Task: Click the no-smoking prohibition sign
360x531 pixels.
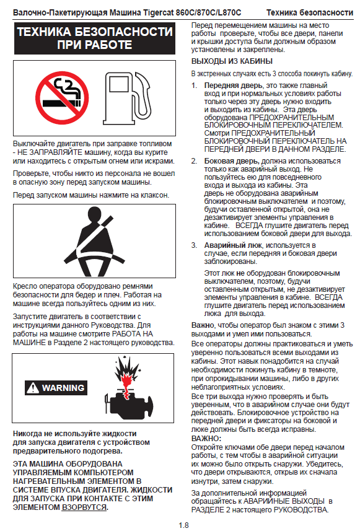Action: pyautogui.click(x=62, y=97)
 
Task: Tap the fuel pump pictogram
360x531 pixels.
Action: pyautogui.click(x=127, y=99)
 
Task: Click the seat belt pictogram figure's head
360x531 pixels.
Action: pyautogui.click(x=95, y=214)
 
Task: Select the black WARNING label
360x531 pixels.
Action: pyautogui.click(x=56, y=388)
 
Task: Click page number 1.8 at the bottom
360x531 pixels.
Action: pyautogui.click(x=183, y=525)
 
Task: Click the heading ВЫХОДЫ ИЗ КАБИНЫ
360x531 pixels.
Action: pyautogui.click(x=232, y=61)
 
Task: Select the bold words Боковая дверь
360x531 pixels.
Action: pyautogui.click(x=232, y=161)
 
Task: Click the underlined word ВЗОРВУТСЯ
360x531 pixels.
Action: pyautogui.click(x=84, y=507)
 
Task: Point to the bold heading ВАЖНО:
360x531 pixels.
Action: pyautogui.click(x=206, y=439)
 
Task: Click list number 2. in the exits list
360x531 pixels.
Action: pyautogui.click(x=194, y=161)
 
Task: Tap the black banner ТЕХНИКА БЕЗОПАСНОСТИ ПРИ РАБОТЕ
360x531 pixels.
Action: pyautogui.click(x=95, y=38)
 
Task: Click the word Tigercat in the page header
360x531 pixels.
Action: pyautogui.click(x=159, y=13)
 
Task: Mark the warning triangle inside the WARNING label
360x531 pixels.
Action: pyautogui.click(x=33, y=388)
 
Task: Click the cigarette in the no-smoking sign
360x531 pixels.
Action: pyautogui.click(x=61, y=102)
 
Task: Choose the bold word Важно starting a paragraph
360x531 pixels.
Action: pyautogui.click(x=203, y=325)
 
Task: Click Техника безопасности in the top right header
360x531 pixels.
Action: pyautogui.click(x=310, y=13)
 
